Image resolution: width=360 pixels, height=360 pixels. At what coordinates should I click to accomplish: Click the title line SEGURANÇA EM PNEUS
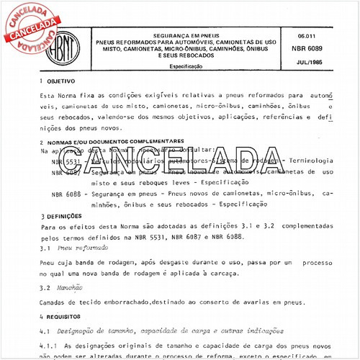(x=189, y=35)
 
